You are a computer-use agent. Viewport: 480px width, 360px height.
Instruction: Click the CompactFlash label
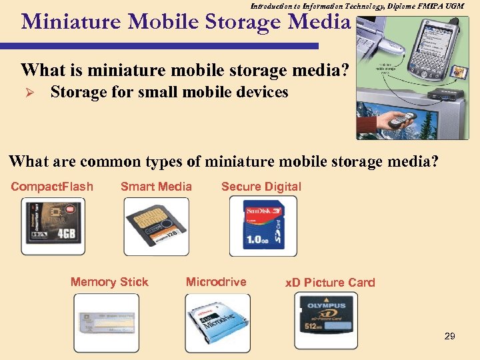[52, 187]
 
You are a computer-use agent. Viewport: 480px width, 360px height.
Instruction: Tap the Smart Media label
[156, 187]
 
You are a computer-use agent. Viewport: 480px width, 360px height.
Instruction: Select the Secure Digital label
[261, 187]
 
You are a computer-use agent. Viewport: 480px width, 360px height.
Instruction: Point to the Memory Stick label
[109, 282]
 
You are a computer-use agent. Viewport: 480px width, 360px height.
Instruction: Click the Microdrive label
[216, 282]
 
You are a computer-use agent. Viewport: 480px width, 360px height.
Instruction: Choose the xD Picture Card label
[330, 283]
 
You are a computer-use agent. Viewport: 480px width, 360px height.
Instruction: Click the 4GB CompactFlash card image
[53, 227]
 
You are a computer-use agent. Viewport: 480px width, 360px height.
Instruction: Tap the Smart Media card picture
[156, 227]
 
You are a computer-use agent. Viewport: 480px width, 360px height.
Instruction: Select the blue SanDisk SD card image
[263, 227]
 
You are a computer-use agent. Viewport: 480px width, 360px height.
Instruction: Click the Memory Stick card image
[106, 323]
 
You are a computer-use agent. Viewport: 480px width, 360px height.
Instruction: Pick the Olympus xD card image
[326, 321]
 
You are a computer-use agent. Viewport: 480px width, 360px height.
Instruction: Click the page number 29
[449, 336]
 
